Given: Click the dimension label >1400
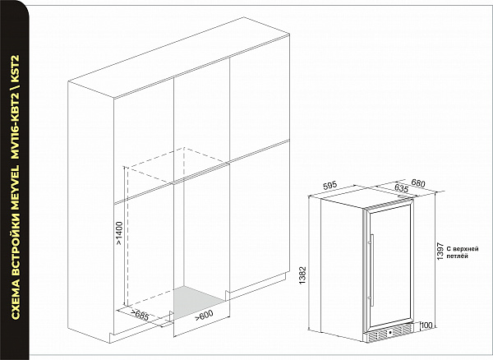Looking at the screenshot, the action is coord(119,233).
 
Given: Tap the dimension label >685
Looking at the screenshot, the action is coord(140,316).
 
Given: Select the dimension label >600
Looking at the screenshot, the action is coord(204,316).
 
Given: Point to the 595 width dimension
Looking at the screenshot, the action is coord(329,186).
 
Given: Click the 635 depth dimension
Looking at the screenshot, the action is coord(401,189).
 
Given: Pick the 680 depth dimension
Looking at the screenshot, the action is coord(418,183).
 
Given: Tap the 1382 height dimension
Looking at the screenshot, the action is coord(302,275).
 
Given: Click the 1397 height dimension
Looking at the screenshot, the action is coord(440,251).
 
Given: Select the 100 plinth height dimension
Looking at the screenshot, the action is coord(426,325).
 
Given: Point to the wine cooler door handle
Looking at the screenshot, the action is coord(372,270).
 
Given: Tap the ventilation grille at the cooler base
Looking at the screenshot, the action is coord(389,334).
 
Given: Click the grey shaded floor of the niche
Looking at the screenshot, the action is coord(198,301).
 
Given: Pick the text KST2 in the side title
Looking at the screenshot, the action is coord(16,68).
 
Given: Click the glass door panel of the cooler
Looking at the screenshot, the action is coord(389,266).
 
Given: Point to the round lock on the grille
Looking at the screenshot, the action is coord(389,332).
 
